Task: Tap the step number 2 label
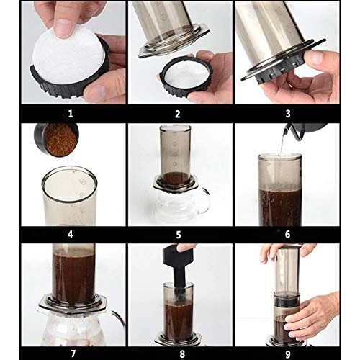point(177,113)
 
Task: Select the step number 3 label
point(287,113)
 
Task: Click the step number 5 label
point(177,234)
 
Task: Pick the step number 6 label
point(287,234)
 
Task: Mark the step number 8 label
point(177,353)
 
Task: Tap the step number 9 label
point(287,353)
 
